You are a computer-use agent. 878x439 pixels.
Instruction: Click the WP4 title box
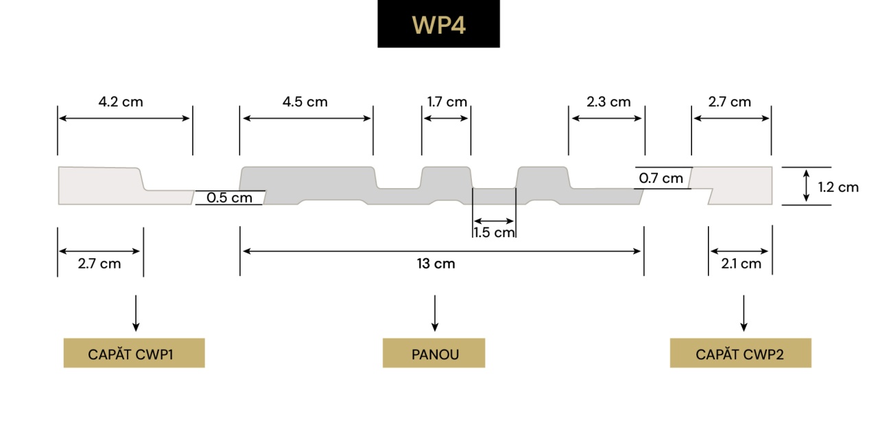click(x=438, y=24)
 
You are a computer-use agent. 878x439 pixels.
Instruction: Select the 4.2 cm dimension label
click(x=121, y=102)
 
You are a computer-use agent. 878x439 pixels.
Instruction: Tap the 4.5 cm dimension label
click(x=305, y=102)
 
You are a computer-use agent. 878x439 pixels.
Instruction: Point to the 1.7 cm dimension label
click(x=447, y=102)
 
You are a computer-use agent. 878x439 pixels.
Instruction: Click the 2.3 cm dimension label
click(x=608, y=102)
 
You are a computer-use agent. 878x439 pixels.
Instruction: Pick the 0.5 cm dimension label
click(x=230, y=198)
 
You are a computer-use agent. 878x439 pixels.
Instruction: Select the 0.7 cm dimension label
click(x=661, y=179)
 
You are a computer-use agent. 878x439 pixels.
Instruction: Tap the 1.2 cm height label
click(x=838, y=187)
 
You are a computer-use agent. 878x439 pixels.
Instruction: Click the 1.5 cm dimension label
click(x=494, y=232)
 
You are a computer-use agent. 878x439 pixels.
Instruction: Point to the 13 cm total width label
click(x=436, y=264)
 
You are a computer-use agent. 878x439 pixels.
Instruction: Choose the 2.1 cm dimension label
click(x=741, y=264)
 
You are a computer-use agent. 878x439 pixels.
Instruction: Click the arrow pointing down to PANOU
click(x=434, y=314)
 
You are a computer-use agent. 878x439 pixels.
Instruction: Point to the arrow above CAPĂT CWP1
click(x=136, y=314)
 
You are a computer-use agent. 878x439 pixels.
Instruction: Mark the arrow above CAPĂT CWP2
click(x=744, y=314)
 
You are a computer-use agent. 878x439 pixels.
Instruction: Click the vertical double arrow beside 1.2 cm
click(x=807, y=185)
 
